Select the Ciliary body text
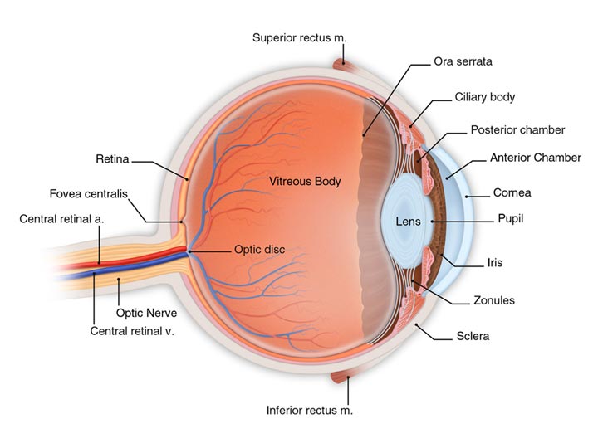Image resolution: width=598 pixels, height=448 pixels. click(x=484, y=97)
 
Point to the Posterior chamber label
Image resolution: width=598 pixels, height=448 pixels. click(x=517, y=130)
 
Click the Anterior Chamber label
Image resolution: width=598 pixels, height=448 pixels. click(x=535, y=158)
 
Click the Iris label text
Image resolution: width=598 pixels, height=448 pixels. click(x=495, y=263)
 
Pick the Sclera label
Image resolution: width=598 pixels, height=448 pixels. click(x=473, y=337)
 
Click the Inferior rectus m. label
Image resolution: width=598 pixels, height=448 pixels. click(x=309, y=411)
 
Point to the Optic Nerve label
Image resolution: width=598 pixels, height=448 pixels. click(x=145, y=314)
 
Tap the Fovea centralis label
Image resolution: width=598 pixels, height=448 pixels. click(x=88, y=194)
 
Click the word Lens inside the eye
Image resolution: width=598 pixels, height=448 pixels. click(x=408, y=222)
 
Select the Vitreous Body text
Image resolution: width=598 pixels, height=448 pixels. click(x=305, y=180)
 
